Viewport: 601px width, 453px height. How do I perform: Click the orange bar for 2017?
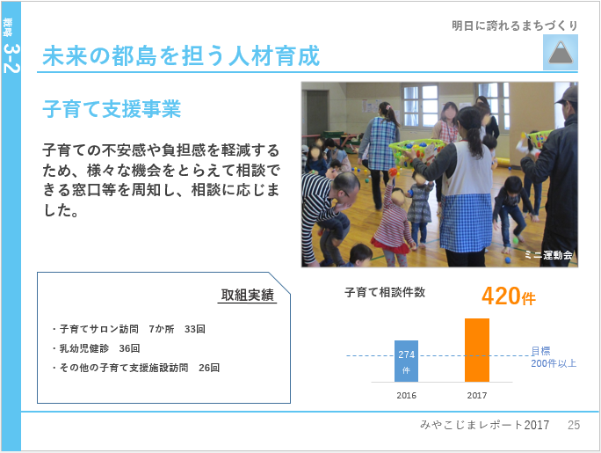pyautogui.click(x=477, y=350)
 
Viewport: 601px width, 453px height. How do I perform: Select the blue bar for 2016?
pyautogui.click(x=406, y=361)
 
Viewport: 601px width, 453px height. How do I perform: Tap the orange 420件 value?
pyautogui.click(x=508, y=296)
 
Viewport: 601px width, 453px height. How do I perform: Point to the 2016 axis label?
pyautogui.click(x=406, y=396)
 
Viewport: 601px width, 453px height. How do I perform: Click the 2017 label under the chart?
pyautogui.click(x=477, y=396)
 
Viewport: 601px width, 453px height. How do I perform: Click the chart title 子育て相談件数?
pyautogui.click(x=385, y=292)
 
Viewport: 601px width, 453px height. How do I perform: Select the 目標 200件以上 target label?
pyautogui.click(x=554, y=357)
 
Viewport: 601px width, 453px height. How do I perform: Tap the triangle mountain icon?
pyautogui.click(x=561, y=52)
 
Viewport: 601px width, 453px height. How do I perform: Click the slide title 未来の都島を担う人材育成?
pyautogui.click(x=181, y=56)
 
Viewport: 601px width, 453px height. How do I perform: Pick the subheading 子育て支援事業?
pyautogui.click(x=112, y=109)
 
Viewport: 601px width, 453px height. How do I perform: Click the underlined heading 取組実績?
pyautogui.click(x=247, y=295)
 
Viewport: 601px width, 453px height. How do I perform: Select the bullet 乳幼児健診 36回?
pyautogui.click(x=96, y=348)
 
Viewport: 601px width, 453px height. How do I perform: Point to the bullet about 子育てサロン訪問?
pyautogui.click(x=129, y=329)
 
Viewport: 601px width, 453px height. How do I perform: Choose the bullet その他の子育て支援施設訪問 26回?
pyautogui.click(x=136, y=368)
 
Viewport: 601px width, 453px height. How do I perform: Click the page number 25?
pyautogui.click(x=574, y=425)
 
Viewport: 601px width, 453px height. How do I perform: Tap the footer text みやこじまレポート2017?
pyautogui.click(x=484, y=425)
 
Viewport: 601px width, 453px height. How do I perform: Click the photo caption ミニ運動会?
pyautogui.click(x=548, y=255)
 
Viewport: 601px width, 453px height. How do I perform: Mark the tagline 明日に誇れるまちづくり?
pyautogui.click(x=515, y=26)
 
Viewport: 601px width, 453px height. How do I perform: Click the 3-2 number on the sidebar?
pyautogui.click(x=11, y=58)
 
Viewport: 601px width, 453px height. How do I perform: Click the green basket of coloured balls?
pyautogui.click(x=417, y=151)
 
